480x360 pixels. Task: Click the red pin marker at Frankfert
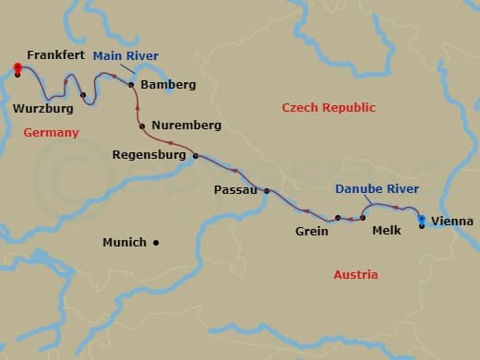(18, 66)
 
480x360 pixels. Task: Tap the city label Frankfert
(56, 56)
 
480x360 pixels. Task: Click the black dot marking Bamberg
(131, 84)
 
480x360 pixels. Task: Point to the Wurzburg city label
(43, 109)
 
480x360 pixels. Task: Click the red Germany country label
(51, 133)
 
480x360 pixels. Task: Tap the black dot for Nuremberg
(141, 126)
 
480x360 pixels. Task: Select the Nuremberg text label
(188, 125)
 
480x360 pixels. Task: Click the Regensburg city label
(149, 156)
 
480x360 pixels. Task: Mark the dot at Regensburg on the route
(196, 156)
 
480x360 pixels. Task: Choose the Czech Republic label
(329, 108)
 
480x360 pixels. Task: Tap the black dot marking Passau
(267, 191)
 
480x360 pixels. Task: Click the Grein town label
(312, 231)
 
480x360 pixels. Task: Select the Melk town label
(386, 230)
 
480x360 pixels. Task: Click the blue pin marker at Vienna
(422, 220)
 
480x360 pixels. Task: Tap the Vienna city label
(452, 222)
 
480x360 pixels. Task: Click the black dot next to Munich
(156, 243)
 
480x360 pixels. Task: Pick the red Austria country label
(355, 275)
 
